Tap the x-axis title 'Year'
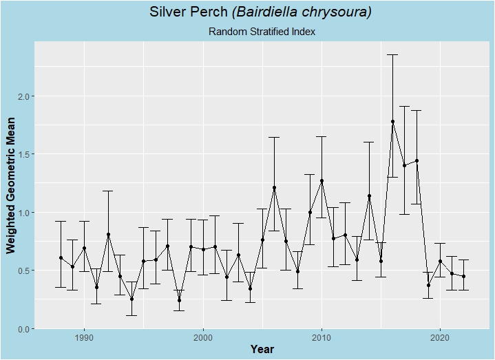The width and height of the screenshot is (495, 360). pyautogui.click(x=262, y=349)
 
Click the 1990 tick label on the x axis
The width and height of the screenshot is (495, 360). pyautogui.click(x=84, y=337)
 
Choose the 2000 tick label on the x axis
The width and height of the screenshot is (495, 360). pyautogui.click(x=202, y=337)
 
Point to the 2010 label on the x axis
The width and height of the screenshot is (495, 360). pyautogui.click(x=321, y=337)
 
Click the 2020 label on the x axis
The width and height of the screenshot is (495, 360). pyautogui.click(x=439, y=337)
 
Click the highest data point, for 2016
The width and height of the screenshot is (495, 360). pyautogui.click(x=392, y=121)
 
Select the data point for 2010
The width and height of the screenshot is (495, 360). pyautogui.click(x=322, y=181)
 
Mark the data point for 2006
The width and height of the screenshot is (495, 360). pyautogui.click(x=274, y=188)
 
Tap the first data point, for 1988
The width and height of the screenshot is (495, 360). pyautogui.click(x=61, y=257)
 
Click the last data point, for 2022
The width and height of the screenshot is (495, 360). pyautogui.click(x=463, y=276)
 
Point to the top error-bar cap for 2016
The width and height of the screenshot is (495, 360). pyautogui.click(x=392, y=54)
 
